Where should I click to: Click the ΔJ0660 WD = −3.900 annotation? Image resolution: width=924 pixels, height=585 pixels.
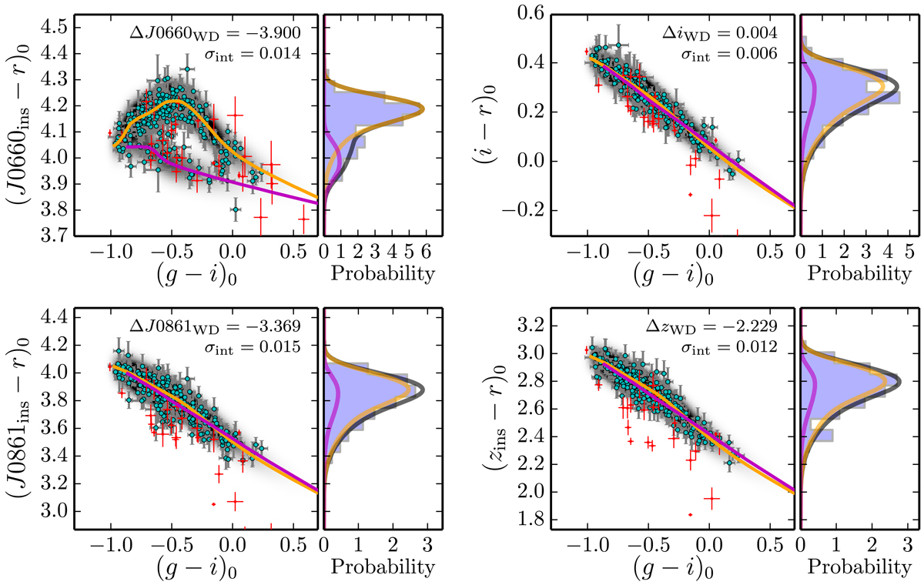point(246,32)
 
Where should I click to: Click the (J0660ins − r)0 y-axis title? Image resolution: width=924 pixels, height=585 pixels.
point(23,123)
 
